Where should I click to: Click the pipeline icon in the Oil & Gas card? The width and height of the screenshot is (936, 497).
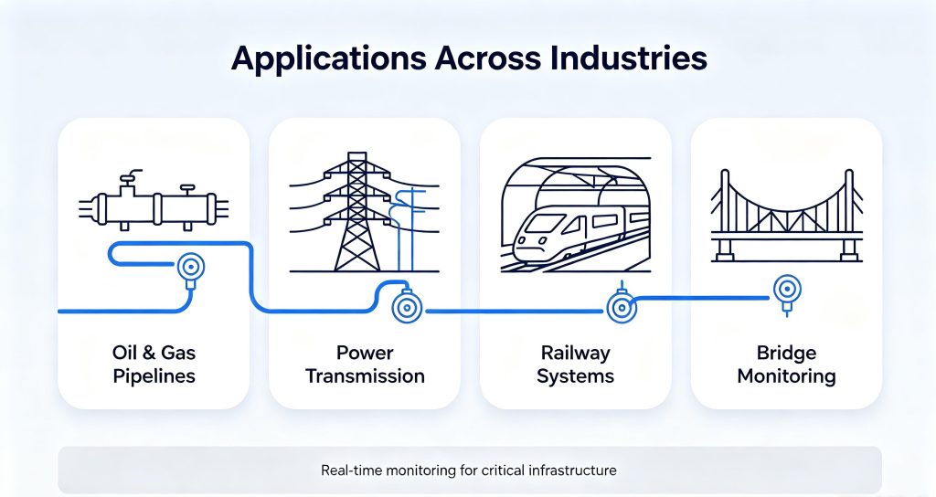(x=154, y=200)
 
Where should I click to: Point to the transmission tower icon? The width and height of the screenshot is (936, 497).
(x=357, y=212)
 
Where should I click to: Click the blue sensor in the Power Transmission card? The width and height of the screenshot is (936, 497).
(x=407, y=307)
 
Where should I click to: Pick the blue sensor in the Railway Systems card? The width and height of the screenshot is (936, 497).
(x=622, y=307)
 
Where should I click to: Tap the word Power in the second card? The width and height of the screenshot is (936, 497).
(x=365, y=353)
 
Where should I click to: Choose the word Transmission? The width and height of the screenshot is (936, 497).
(x=365, y=376)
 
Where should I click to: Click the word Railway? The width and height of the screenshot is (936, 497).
(x=576, y=354)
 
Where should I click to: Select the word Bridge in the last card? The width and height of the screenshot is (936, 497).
(x=786, y=354)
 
